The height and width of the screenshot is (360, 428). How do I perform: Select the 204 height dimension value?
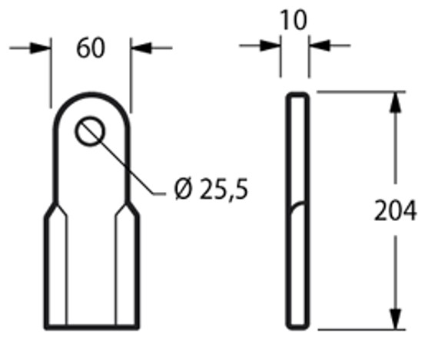click(x=396, y=210)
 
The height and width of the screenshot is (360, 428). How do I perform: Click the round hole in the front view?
click(x=91, y=131)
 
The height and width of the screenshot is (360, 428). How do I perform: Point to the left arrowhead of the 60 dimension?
click(x=41, y=48)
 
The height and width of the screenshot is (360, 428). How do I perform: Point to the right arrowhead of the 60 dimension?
click(x=140, y=48)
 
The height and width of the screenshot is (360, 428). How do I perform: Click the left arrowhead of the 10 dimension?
click(x=271, y=46)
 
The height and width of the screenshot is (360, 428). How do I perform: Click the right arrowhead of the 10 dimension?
click(x=318, y=46)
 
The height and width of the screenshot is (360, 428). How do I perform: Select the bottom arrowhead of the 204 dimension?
click(x=396, y=319)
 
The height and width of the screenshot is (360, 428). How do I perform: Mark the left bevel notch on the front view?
click(x=51, y=210)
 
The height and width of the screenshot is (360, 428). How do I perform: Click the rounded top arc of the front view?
click(x=91, y=93)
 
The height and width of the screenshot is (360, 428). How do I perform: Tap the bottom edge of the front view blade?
click(x=91, y=328)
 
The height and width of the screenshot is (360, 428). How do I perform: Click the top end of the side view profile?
click(x=299, y=94)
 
